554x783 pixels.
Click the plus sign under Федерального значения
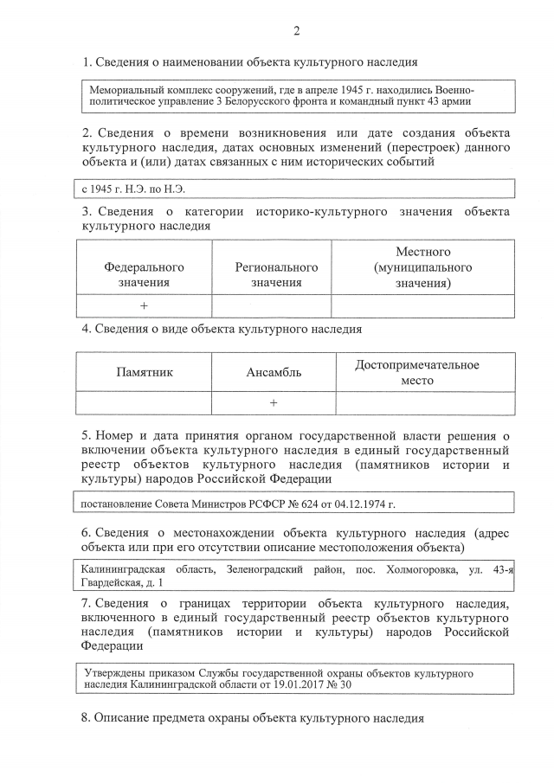[144, 306]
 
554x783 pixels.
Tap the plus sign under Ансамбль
[274, 403]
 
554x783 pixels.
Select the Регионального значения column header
[276, 274]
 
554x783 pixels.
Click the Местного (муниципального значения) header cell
[422, 267]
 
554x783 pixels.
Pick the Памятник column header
[145, 372]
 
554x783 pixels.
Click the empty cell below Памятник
[145, 403]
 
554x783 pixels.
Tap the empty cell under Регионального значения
[272, 306]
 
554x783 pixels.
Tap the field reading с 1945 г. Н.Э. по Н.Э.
[134, 188]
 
